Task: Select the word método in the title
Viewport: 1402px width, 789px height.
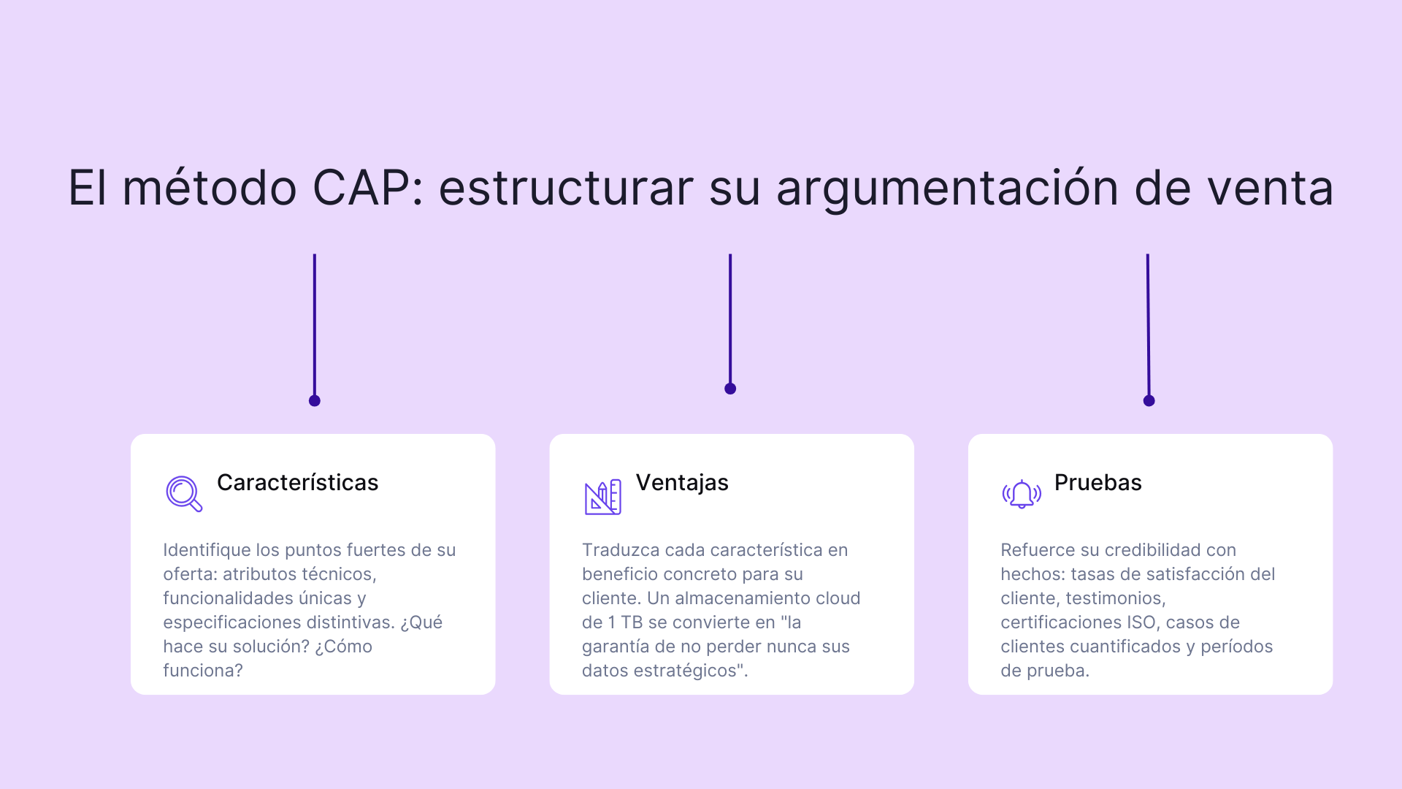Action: (209, 188)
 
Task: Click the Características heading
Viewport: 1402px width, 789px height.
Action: (297, 483)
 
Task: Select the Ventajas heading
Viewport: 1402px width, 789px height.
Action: (682, 483)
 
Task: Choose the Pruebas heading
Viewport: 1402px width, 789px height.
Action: (1098, 483)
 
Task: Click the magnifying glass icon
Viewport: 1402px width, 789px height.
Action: (183, 494)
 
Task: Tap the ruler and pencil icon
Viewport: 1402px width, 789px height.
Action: (602, 497)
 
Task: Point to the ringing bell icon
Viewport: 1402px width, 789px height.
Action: (1022, 495)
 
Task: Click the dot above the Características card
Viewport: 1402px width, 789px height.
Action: (315, 400)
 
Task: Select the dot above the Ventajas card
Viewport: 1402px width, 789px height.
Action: (730, 389)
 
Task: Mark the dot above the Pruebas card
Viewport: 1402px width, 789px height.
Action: (1149, 400)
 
